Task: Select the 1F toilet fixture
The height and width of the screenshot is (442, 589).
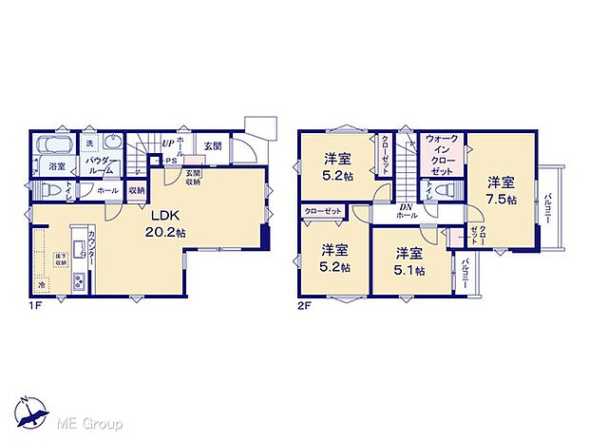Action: pyautogui.click(x=43, y=190)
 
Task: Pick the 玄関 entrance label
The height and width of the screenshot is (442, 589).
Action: pyautogui.click(x=212, y=146)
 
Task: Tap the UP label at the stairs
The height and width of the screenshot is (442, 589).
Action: pyautogui.click(x=167, y=144)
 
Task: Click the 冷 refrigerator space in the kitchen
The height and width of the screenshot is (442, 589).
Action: pyautogui.click(x=42, y=284)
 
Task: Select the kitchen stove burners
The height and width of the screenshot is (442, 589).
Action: pyautogui.click(x=80, y=280)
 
